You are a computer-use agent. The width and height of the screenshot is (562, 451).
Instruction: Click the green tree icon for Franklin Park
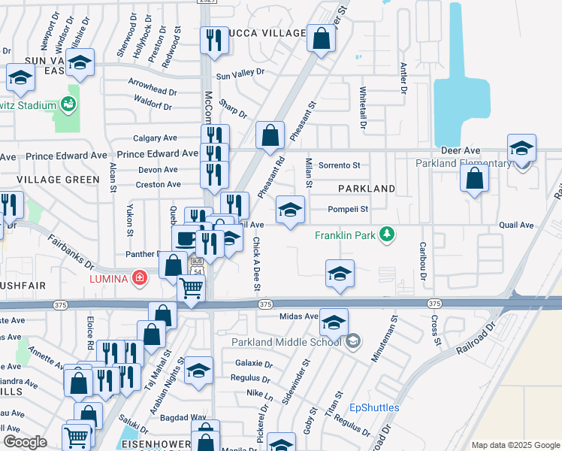pyautogui.click(x=387, y=235)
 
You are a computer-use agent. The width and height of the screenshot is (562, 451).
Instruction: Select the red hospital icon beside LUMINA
pyautogui.click(x=139, y=279)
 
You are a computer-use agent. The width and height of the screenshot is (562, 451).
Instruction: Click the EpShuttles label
pyautogui.click(x=374, y=408)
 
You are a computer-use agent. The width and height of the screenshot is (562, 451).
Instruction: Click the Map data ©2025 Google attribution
pyautogui.click(x=515, y=445)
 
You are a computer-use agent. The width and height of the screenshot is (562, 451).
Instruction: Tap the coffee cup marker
pyautogui.click(x=186, y=238)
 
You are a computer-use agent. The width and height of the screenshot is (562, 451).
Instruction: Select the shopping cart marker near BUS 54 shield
pyautogui.click(x=191, y=288)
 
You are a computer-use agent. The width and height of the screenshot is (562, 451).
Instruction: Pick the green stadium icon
pyautogui.click(x=70, y=104)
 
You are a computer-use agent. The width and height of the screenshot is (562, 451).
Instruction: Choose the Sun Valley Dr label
pyautogui.click(x=240, y=73)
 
